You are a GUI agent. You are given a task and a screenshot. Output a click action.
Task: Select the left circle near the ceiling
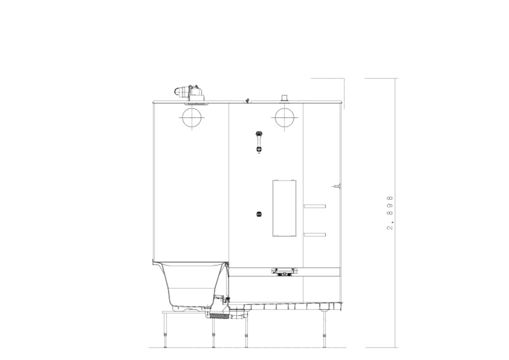[192, 108]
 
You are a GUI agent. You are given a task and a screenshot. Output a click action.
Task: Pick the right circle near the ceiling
[285, 108]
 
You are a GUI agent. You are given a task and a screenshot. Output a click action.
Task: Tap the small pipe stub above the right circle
[285, 98]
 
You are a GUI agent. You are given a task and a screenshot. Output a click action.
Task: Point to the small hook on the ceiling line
[248, 100]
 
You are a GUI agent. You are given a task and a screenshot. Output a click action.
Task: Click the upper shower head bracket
[259, 134]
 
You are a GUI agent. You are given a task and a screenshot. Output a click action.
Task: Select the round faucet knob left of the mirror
[259, 214]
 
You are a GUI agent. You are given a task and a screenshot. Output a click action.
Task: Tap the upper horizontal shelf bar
[315, 206]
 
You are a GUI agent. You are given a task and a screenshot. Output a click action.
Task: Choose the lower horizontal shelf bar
[315, 235]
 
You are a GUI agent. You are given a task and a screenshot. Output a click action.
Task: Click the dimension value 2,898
[390, 213]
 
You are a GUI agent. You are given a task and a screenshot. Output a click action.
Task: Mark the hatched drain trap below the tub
[220, 315]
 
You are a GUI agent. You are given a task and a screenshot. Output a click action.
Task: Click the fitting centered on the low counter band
[285, 272]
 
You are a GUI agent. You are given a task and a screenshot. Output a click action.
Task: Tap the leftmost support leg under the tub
[165, 330]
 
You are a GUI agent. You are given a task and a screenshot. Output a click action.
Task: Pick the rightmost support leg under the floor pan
[324, 328]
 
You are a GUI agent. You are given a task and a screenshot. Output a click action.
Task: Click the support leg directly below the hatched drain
[213, 333]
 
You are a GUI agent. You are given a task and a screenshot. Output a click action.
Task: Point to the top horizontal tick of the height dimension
[381, 78]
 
